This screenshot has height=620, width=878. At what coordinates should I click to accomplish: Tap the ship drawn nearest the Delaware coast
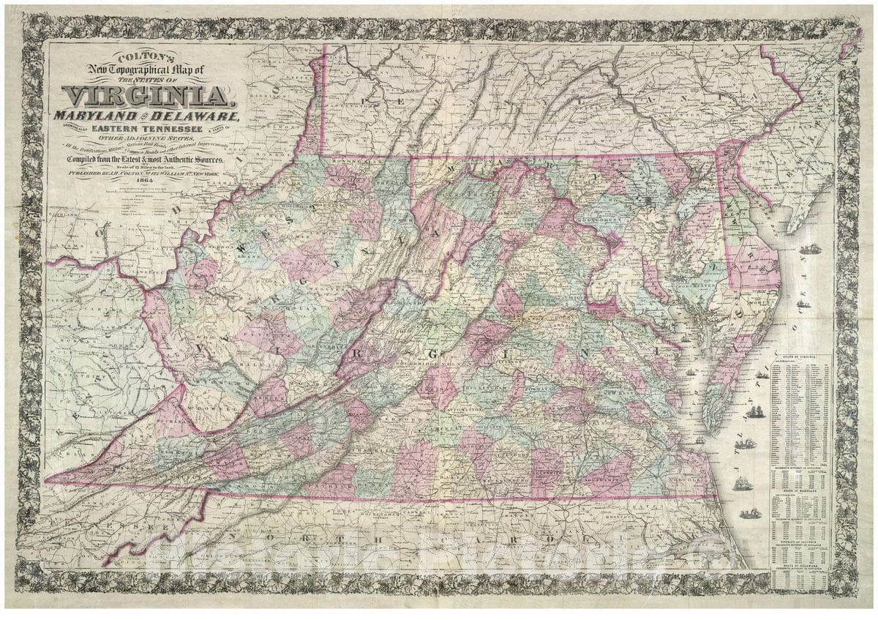[810, 249]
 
